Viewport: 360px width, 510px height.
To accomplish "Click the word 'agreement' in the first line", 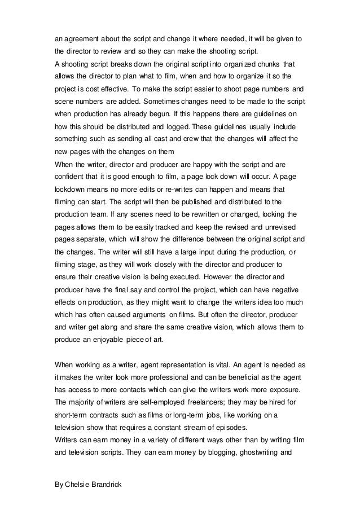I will point(81,39).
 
